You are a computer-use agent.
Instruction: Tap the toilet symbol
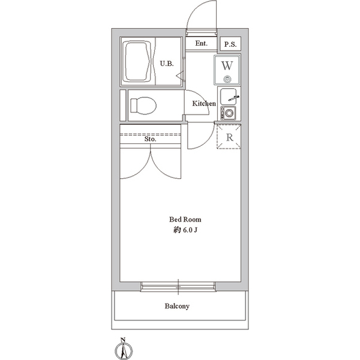click(143, 106)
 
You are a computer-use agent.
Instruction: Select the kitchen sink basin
click(228, 97)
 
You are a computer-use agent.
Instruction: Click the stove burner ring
click(229, 113)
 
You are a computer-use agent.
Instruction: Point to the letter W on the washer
click(227, 65)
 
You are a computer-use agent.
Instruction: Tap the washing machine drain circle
click(227, 79)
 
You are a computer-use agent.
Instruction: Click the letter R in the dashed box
click(230, 137)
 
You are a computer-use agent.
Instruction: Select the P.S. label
click(230, 44)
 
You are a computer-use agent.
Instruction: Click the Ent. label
click(202, 43)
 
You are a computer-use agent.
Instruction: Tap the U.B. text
click(167, 64)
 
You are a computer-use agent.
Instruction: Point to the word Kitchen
click(204, 104)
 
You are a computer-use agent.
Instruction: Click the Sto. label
click(151, 139)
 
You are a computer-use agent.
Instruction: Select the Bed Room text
click(185, 220)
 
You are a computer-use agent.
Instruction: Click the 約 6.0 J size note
click(185, 230)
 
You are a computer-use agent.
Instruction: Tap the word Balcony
click(177, 306)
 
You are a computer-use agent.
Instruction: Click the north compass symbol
click(124, 351)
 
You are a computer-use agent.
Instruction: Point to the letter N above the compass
click(123, 340)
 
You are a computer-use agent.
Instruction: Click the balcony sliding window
click(178, 287)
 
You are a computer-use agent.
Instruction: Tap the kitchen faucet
click(234, 98)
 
